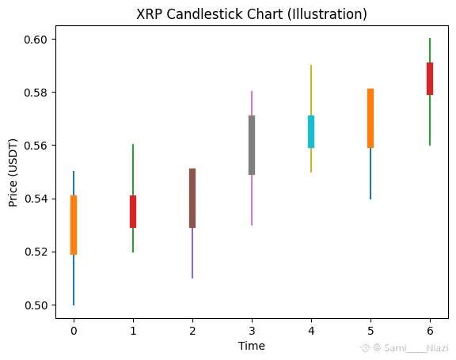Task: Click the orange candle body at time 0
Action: click(74, 225)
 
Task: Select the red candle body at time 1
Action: click(133, 211)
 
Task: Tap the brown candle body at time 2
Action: click(192, 198)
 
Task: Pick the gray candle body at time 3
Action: click(252, 145)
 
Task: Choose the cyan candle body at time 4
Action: click(311, 131)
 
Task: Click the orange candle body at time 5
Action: click(370, 118)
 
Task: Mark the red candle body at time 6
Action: click(430, 79)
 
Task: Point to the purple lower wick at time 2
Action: click(192, 253)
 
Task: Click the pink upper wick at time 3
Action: click(252, 103)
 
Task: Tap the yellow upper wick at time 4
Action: click(311, 90)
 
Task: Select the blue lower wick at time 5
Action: click(370, 174)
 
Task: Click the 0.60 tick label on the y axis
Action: click(36, 40)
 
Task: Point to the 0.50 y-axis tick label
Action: click(36, 305)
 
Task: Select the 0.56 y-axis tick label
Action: click(36, 146)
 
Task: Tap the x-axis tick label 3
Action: click(252, 331)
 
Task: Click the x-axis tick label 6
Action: click(430, 331)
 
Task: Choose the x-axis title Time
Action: click(252, 346)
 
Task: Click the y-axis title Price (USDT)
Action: click(13, 172)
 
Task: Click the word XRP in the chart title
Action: click(150, 14)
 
